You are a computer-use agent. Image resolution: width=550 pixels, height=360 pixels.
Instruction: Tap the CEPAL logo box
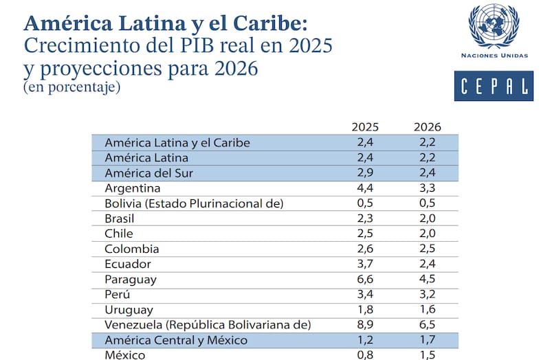(493, 86)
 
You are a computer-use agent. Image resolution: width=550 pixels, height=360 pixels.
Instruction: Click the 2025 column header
(365, 127)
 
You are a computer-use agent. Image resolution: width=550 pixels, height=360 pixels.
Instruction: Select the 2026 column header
(427, 127)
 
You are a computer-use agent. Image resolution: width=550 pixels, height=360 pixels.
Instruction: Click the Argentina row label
(133, 188)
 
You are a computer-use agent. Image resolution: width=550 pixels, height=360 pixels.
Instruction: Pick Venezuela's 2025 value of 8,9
(365, 324)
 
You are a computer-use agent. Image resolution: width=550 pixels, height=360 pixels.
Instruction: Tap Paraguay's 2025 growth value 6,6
(365, 279)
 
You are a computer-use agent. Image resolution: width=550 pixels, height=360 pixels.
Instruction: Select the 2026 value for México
(427, 355)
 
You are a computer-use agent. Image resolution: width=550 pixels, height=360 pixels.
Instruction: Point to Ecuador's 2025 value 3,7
(365, 264)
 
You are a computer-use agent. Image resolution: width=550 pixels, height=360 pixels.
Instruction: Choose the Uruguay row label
(129, 309)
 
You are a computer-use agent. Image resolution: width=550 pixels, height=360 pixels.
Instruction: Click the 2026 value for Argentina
(427, 188)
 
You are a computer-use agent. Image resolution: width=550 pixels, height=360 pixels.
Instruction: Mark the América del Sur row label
(148, 173)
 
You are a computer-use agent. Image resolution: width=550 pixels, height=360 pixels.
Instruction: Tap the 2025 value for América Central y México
(365, 339)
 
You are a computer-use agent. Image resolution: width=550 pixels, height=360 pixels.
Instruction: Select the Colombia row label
(132, 249)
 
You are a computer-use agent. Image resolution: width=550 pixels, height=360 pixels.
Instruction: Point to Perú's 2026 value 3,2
(427, 294)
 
